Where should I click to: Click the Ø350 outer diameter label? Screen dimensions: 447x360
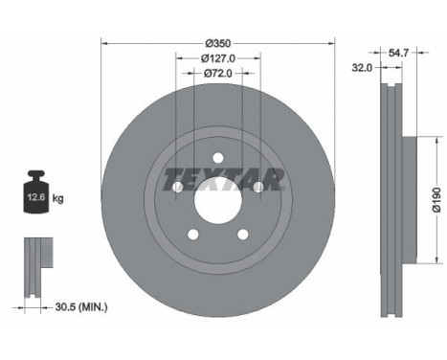point(218,43)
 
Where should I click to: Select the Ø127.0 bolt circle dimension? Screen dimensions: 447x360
point(218,58)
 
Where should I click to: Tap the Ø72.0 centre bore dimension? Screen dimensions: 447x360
point(218,74)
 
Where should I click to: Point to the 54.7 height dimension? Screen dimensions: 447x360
point(398,53)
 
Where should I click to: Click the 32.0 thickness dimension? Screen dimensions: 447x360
point(362,68)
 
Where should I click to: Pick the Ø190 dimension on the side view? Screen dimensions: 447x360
point(436,200)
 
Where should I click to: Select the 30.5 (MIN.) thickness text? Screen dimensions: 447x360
point(81,307)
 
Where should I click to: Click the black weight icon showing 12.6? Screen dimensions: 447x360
point(36,191)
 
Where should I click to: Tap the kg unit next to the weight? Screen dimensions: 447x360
point(57,198)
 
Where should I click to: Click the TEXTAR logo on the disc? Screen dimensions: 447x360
point(224,179)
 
